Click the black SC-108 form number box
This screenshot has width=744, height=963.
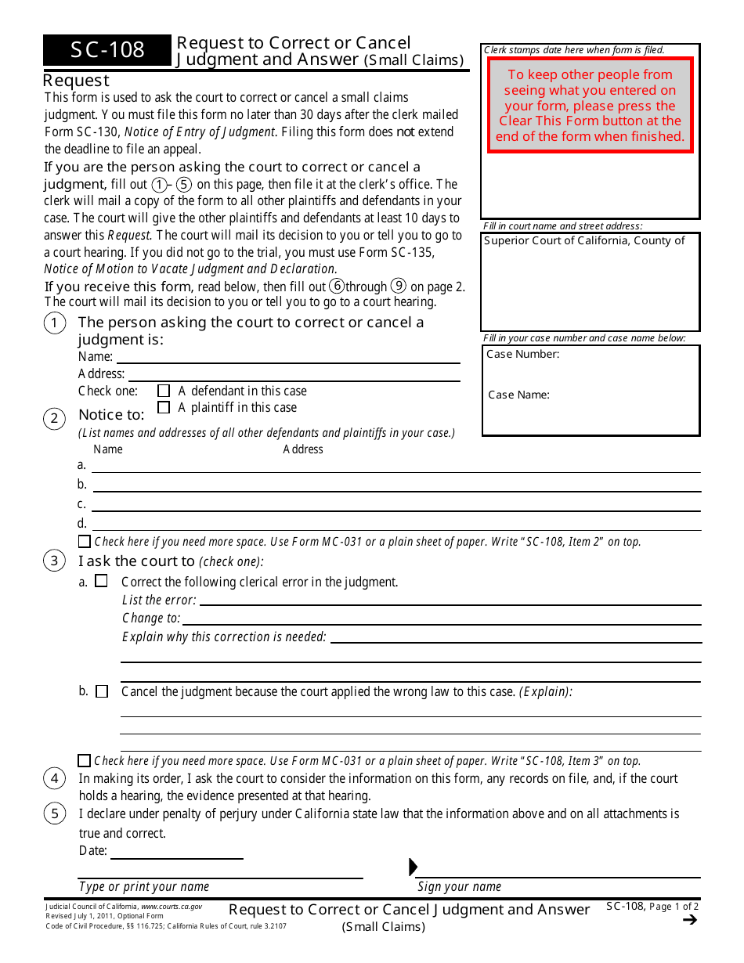[x=107, y=50]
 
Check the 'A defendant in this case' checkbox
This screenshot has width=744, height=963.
[x=164, y=391]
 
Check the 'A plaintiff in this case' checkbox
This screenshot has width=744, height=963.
[x=164, y=407]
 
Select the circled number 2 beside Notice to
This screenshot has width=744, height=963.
[x=54, y=419]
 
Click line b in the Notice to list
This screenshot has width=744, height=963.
[x=395, y=485]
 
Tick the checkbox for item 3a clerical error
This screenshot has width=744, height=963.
[x=101, y=581]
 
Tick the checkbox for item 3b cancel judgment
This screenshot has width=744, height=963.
[x=102, y=691]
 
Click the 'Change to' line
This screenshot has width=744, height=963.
[x=442, y=618]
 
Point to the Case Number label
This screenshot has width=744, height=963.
[x=522, y=354]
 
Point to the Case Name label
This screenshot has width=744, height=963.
[x=518, y=395]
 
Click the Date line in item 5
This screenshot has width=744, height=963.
[x=177, y=853]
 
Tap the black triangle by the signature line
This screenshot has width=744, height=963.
[x=414, y=867]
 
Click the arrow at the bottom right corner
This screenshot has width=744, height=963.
[x=689, y=920]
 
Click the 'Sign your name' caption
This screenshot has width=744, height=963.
[x=459, y=886]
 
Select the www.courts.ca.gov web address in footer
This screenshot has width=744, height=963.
[x=171, y=907]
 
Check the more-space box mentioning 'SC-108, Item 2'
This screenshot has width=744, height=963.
[x=85, y=542]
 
